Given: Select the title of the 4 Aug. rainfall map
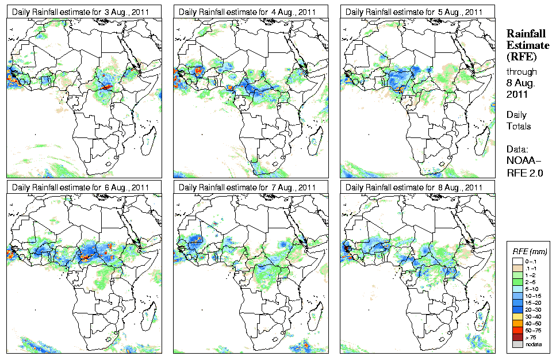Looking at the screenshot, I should point(248,12).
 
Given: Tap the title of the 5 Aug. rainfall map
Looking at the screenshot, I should point(415,12).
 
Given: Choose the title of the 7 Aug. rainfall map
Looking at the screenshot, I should point(248,187).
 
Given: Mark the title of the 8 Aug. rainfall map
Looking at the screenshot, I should point(415,187).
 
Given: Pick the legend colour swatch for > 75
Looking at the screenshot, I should point(517,336).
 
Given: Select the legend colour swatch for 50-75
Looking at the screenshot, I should point(517,330).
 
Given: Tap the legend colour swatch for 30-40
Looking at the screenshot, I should point(517,316).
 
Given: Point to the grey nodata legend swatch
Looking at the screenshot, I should point(517,344).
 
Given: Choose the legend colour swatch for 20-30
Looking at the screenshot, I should point(517,309).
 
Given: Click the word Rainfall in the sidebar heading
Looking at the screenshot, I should point(524,35).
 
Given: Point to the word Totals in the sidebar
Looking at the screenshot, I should point(519,126).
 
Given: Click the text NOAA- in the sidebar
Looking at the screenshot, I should point(523,161).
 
